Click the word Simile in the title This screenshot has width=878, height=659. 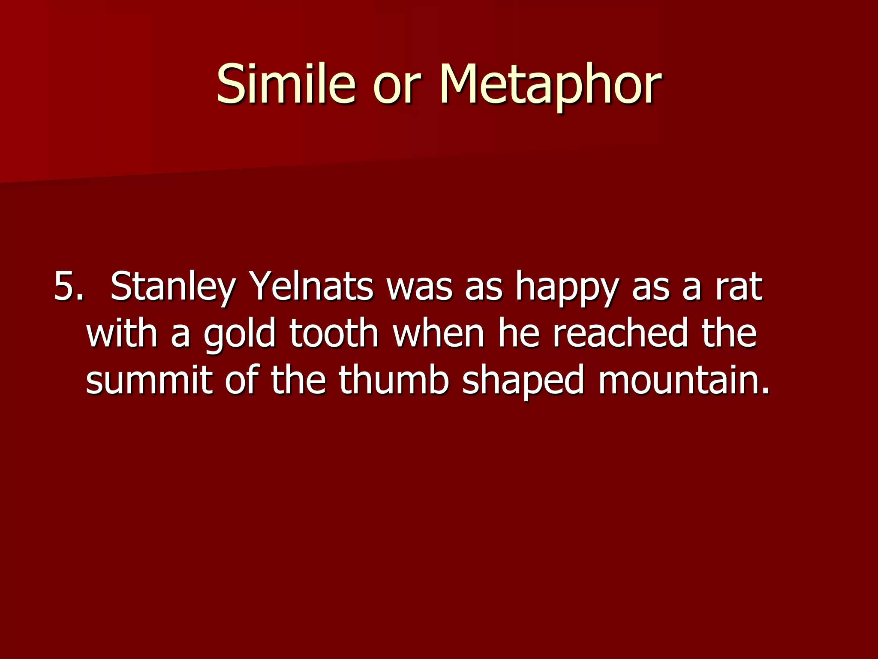286,84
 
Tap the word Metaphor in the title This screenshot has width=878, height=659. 550,84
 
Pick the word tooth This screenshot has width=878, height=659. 334,333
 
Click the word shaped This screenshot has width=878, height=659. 523,382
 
